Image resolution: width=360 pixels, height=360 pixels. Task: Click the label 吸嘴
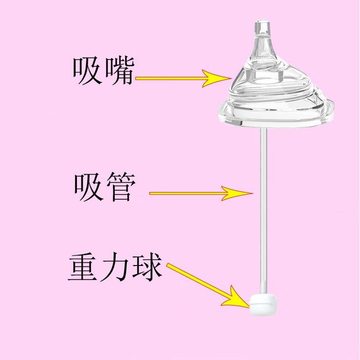(x=103, y=72)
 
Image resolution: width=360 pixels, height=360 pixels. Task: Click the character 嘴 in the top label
(x=119, y=72)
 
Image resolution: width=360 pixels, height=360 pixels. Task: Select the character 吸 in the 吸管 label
(x=88, y=187)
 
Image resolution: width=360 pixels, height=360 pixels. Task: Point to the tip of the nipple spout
(x=262, y=22)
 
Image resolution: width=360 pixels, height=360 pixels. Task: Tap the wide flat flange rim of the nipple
(x=275, y=115)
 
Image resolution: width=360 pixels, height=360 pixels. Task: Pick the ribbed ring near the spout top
(x=262, y=35)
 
